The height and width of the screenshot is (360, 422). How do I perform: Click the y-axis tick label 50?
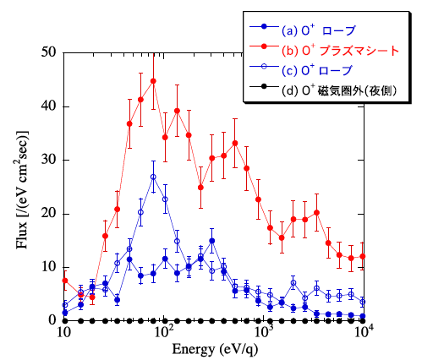coord(48,52)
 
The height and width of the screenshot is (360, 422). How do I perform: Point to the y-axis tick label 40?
coord(48,106)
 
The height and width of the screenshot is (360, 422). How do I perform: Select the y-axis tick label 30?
coord(48,160)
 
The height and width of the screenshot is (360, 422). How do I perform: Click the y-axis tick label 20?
coord(48,214)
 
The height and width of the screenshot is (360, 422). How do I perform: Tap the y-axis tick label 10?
coord(48,267)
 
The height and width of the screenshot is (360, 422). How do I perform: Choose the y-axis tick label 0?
coord(52,321)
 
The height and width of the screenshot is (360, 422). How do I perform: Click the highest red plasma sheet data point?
coord(153,81)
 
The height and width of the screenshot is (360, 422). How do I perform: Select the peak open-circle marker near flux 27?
coord(153,177)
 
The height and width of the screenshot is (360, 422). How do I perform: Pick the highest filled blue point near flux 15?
coord(211,241)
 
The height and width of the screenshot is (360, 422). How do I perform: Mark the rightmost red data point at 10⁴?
coord(363,256)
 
